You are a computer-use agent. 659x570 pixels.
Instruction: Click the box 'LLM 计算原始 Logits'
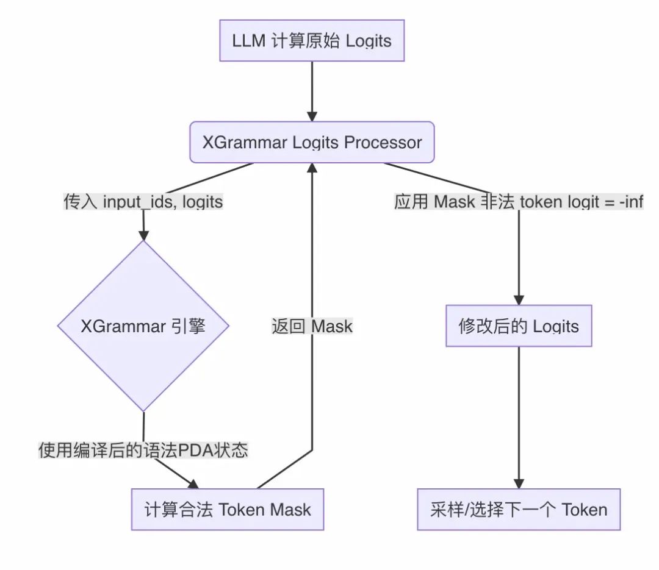312,41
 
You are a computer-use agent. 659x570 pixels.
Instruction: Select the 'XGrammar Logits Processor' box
312,142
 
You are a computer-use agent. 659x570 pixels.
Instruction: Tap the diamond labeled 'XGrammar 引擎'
143,326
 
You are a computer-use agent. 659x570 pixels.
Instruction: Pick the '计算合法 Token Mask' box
228,509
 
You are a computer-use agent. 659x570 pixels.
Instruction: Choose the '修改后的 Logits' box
518,326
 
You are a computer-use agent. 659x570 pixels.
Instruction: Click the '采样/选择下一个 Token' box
518,509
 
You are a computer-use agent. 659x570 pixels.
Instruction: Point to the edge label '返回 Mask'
312,326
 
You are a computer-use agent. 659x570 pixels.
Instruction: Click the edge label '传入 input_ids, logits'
143,201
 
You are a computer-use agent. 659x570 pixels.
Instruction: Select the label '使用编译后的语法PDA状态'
143,451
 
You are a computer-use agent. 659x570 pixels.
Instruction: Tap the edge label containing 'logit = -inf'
518,201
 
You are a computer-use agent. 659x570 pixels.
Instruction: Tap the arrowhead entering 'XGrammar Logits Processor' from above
312,116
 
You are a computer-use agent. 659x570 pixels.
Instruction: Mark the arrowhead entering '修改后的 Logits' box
518,299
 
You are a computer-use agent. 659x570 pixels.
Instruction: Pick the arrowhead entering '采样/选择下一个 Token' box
518,482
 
